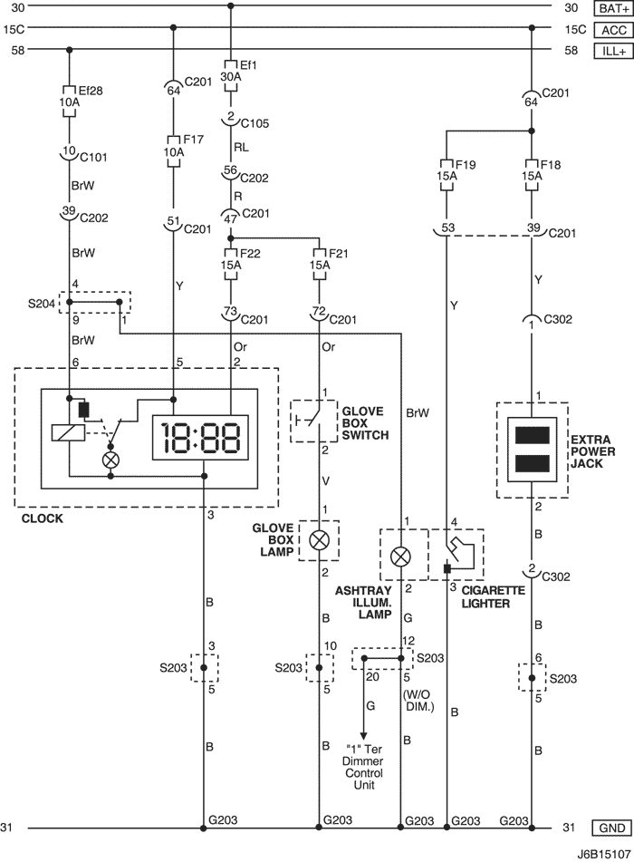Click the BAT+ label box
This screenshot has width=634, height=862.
pos(613,8)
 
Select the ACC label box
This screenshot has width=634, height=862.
pos(613,30)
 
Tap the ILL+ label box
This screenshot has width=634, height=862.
pos(613,51)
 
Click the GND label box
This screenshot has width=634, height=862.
pos(612,828)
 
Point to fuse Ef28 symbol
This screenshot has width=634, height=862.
pos(69,102)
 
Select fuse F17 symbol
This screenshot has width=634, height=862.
pos(174,151)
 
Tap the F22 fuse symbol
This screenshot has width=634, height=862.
pos(231,265)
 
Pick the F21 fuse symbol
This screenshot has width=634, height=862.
pos(320,265)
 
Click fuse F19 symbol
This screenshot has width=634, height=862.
pos(447,175)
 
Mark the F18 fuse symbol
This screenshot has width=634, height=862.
pos(532,175)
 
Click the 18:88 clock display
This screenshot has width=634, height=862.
pos(200,438)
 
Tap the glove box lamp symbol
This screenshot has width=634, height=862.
pos(319,541)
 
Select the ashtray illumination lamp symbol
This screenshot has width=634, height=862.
pos(400,557)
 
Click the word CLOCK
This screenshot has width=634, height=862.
pos(43,518)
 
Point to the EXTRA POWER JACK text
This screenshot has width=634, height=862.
pos(593,451)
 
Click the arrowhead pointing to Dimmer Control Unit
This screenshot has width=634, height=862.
pos(362,736)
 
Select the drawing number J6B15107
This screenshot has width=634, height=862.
pos(603,855)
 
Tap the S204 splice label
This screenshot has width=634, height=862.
pos(42,303)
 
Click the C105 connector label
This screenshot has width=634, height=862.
pos(255,123)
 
